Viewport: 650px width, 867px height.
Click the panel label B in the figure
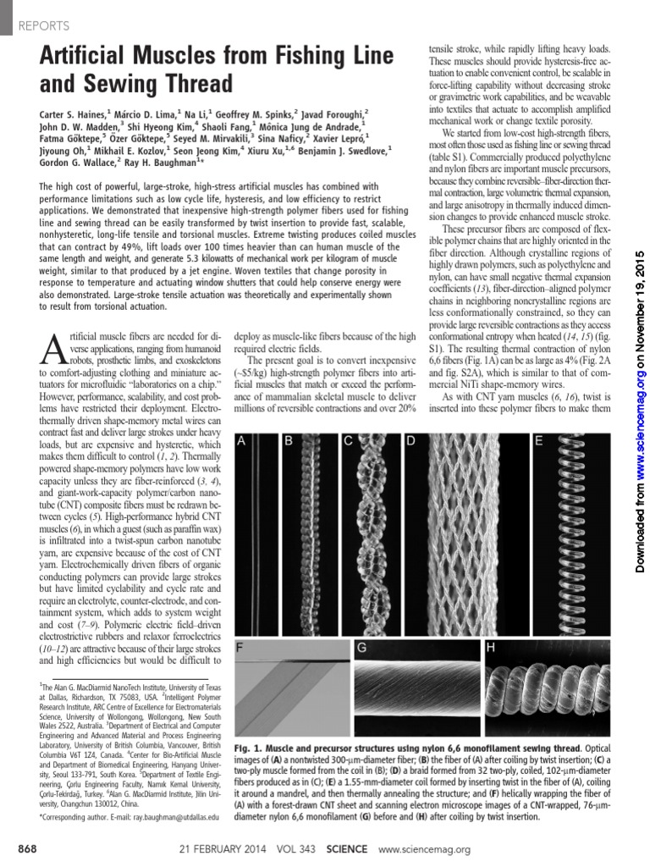[289, 440]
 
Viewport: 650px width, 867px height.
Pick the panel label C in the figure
[348, 440]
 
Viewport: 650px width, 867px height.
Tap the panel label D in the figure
[410, 440]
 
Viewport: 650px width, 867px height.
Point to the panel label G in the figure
[361, 649]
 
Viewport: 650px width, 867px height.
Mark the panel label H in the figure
[490, 649]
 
